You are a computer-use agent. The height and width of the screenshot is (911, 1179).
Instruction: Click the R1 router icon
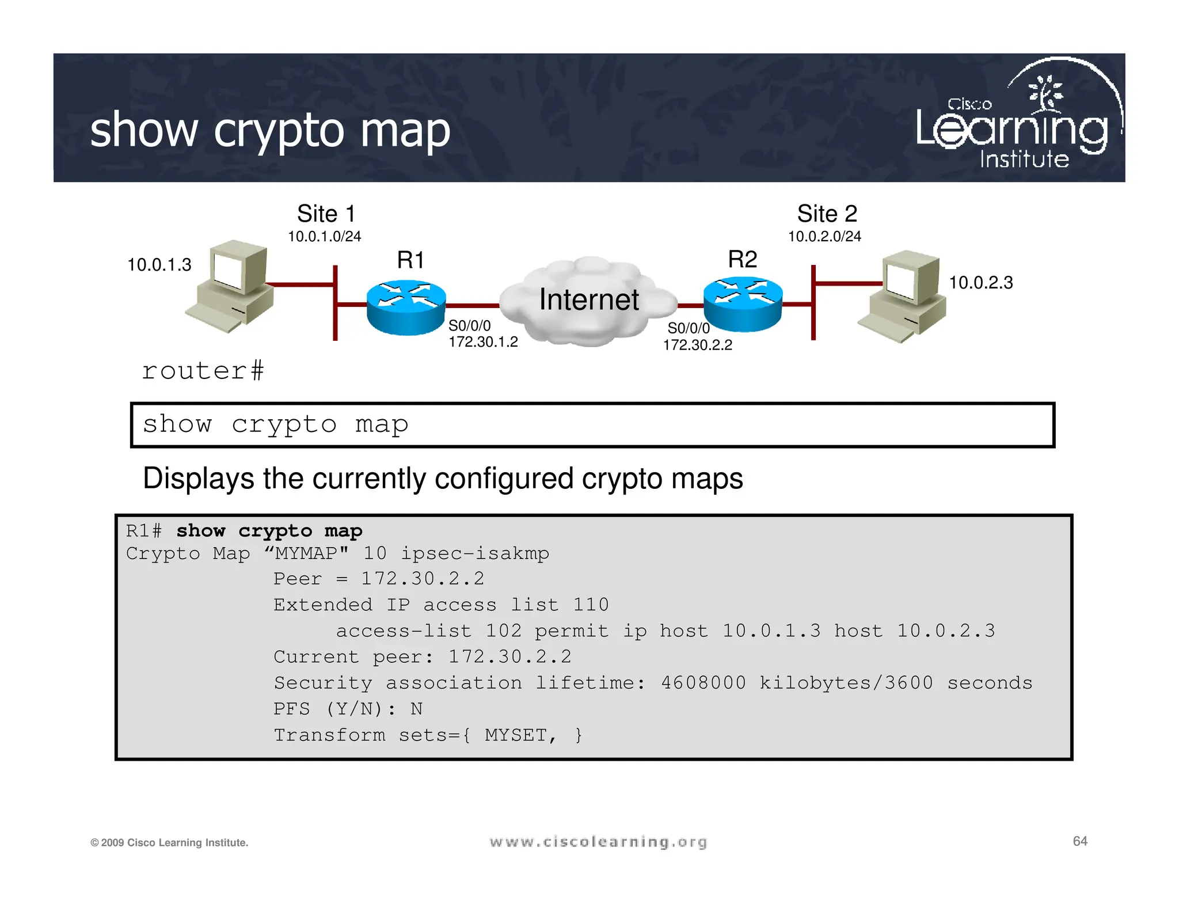click(406, 308)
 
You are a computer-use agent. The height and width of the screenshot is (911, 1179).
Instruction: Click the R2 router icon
click(743, 305)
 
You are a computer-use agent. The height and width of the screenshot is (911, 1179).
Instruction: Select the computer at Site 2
click(903, 295)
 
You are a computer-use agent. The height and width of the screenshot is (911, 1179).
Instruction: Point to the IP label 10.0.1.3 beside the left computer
click(159, 265)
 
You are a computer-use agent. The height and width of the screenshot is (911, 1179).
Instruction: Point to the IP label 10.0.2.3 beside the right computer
click(980, 283)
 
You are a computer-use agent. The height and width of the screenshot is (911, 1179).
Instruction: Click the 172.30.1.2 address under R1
click(483, 342)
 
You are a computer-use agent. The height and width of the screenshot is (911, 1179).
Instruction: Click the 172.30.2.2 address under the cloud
click(697, 345)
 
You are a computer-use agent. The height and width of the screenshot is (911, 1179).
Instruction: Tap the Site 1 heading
click(326, 214)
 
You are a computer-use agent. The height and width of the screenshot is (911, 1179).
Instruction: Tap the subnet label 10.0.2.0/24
click(824, 237)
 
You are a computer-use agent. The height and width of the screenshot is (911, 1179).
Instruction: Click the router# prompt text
click(203, 371)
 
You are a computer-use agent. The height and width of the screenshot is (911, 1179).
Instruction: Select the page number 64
click(1079, 841)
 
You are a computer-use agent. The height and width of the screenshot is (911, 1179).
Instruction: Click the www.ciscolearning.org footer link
click(598, 842)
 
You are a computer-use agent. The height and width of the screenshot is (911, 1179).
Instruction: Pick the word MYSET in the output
click(516, 735)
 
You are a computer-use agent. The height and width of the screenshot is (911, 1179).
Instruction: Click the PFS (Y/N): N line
click(348, 709)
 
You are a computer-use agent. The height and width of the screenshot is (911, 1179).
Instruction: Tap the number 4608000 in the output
click(703, 683)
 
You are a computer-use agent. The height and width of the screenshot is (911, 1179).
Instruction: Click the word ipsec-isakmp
click(475, 553)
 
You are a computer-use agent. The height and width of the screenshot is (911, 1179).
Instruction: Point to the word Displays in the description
click(198, 479)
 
